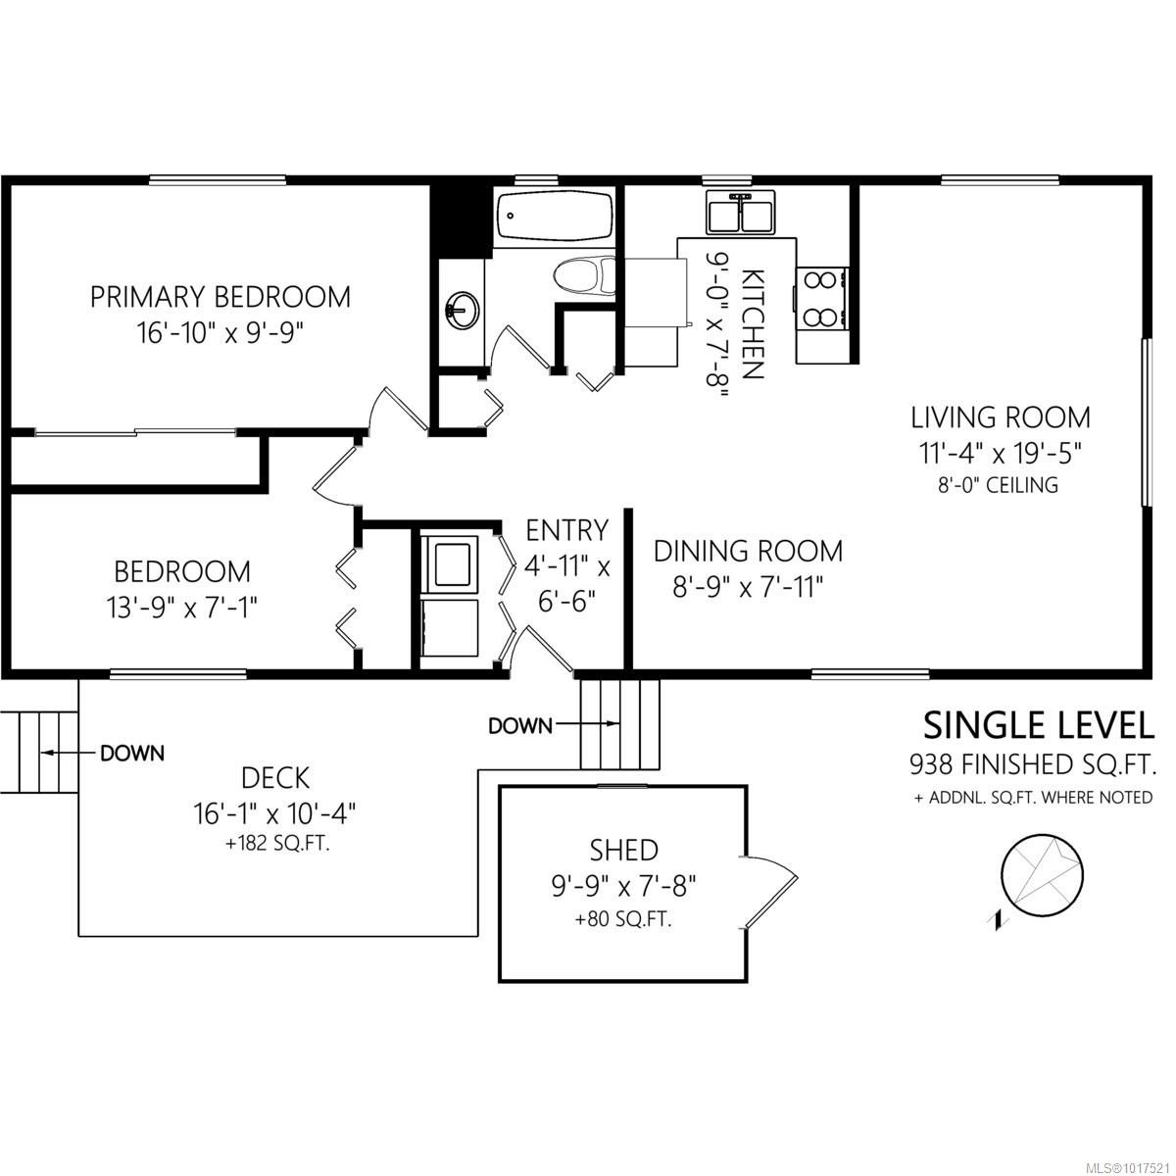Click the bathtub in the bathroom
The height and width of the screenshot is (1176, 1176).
tap(555, 218)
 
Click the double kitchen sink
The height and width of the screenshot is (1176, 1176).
tap(741, 213)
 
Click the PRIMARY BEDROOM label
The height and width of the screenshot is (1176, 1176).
tap(220, 296)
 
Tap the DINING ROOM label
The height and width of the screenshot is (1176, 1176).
tap(748, 550)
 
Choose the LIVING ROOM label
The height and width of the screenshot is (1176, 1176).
tap(1001, 417)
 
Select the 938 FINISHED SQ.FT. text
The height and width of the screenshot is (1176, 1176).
tap(1032, 763)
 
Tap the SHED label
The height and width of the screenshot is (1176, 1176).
tap(623, 850)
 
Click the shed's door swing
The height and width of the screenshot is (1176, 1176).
tap(771, 890)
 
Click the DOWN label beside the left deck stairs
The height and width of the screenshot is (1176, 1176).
tap(132, 754)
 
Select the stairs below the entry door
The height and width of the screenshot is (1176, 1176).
tap(619, 723)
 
